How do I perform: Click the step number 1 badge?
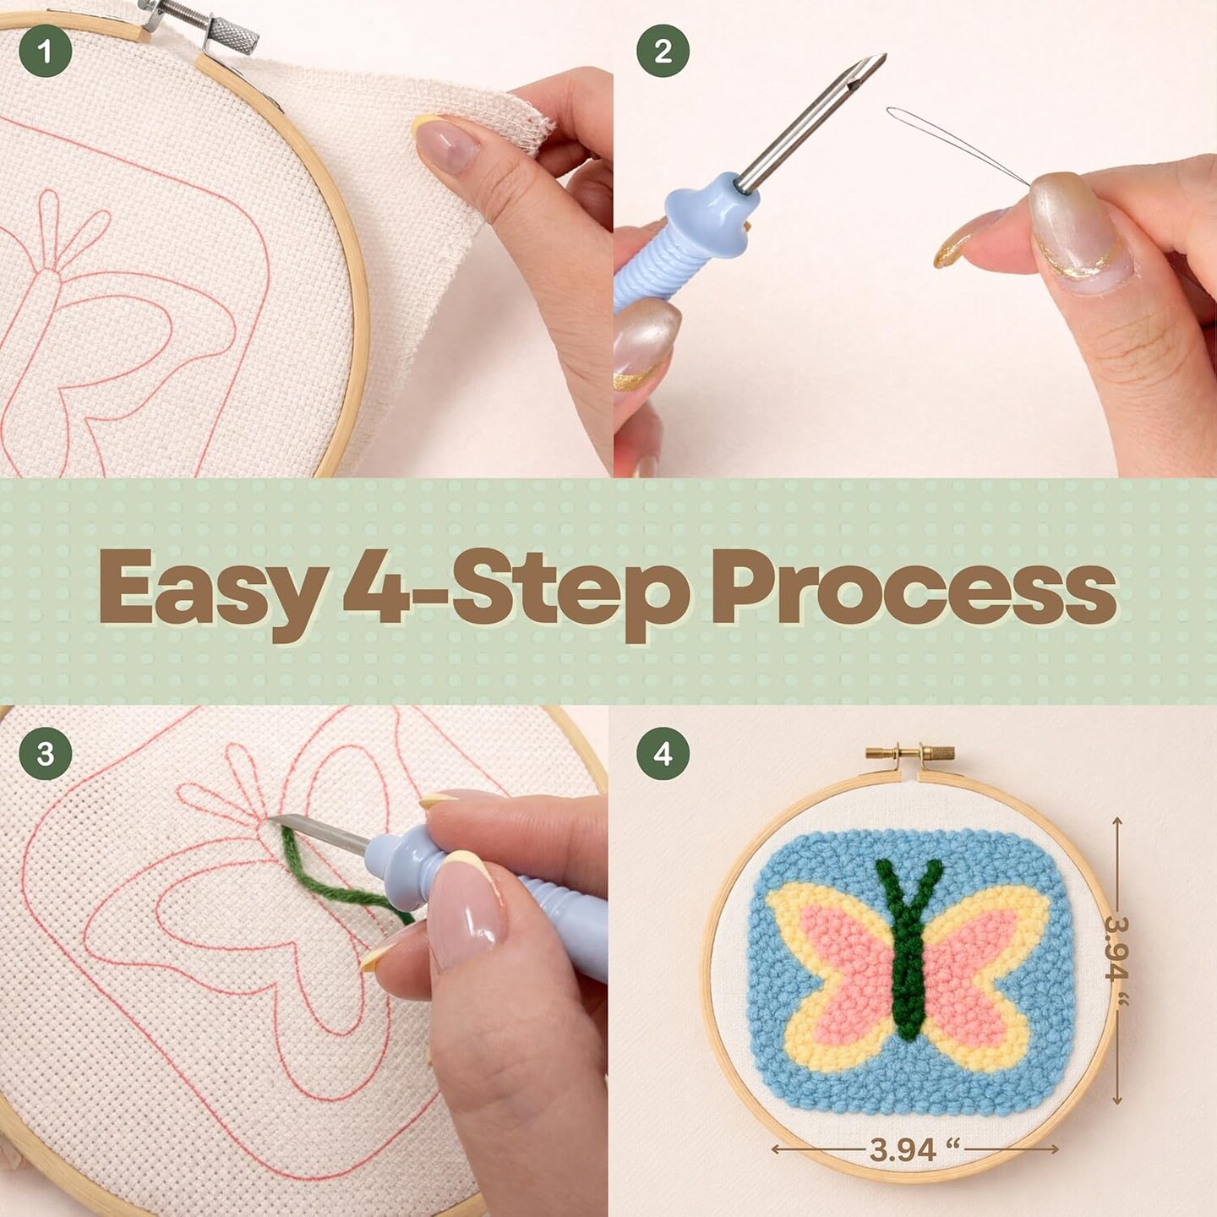pos(45,51)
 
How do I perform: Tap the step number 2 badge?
pos(663,51)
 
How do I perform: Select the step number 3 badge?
pos(45,753)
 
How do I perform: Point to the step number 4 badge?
pos(663,753)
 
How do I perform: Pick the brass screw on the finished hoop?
pos(909,751)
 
